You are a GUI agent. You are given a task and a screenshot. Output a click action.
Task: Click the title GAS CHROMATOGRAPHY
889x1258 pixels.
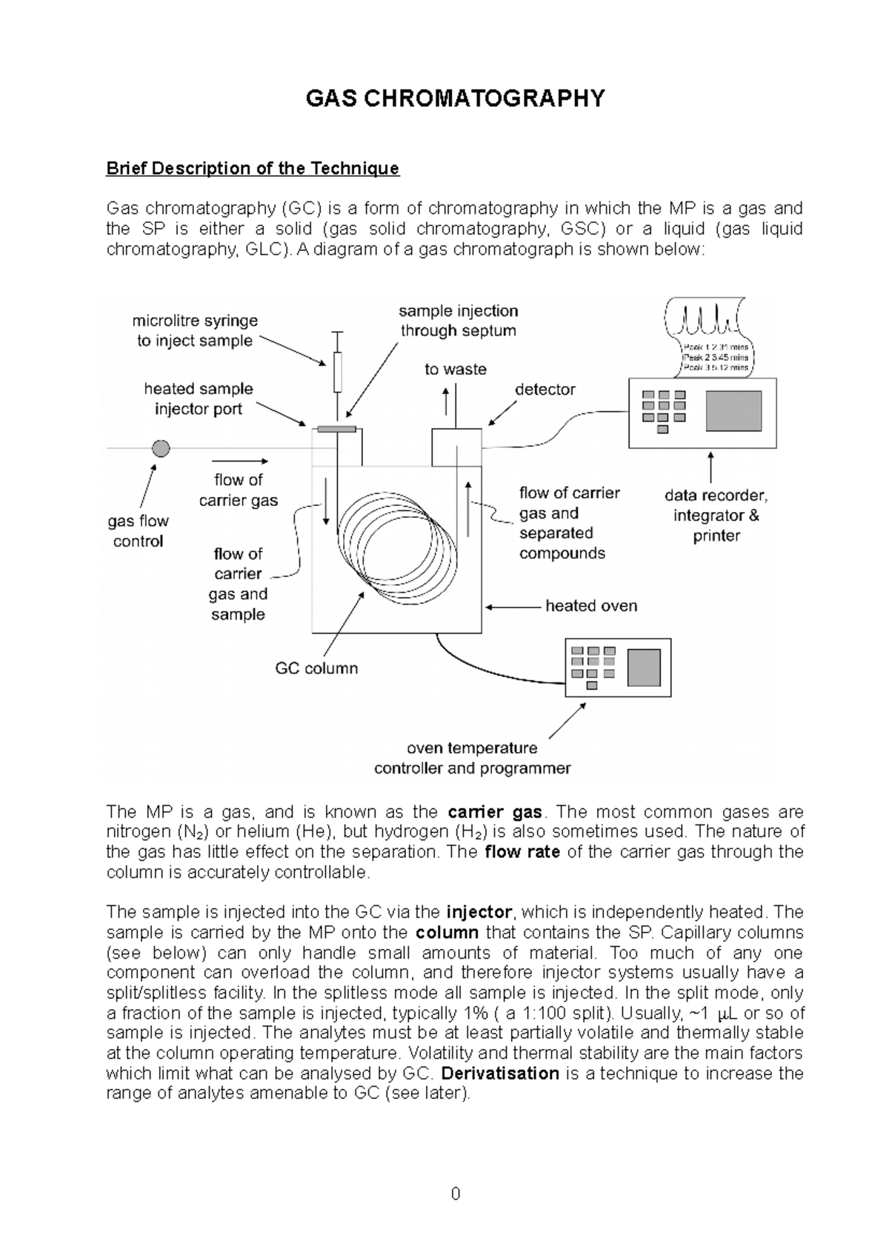point(455,99)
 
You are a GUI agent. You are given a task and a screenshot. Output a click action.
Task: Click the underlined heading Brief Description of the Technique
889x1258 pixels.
point(253,169)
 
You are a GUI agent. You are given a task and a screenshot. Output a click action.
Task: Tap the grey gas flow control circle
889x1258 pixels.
point(160,448)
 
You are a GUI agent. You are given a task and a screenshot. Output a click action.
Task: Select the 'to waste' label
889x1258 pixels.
point(455,369)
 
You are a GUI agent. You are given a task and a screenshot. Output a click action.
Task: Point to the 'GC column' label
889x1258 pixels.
point(316,668)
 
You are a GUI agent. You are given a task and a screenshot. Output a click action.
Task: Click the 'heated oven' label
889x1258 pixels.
point(591,606)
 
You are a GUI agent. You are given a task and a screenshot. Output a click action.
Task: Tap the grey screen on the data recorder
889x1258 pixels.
point(733,411)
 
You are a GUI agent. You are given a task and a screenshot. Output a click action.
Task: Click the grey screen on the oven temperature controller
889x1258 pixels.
point(644,667)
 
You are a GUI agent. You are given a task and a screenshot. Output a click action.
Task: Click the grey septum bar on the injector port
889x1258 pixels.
point(336,428)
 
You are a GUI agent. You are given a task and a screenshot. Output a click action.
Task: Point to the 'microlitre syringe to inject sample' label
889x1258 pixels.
point(195,330)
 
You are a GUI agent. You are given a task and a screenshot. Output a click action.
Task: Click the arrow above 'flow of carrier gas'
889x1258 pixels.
point(239,460)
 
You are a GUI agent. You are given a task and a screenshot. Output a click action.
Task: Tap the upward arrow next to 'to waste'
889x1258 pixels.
point(445,400)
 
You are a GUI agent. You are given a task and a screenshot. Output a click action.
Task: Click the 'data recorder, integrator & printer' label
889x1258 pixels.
point(716,516)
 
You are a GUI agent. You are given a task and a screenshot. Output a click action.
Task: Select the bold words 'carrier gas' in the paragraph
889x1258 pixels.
point(495,812)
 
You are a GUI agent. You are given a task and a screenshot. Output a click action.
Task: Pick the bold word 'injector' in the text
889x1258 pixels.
point(479,912)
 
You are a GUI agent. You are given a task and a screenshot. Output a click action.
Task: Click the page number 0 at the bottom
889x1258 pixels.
point(455,1194)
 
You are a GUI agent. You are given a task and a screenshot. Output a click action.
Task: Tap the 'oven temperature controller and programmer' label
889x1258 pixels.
point(472,759)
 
